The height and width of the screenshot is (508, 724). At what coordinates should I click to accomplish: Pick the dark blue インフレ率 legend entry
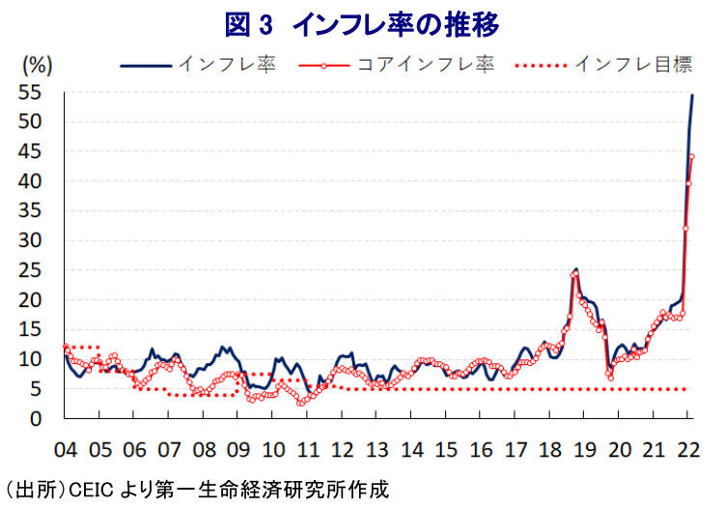199,65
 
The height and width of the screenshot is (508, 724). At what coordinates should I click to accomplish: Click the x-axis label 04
66,449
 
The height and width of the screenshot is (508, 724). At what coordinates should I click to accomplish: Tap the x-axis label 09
238,449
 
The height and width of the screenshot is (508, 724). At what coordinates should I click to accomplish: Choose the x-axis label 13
377,449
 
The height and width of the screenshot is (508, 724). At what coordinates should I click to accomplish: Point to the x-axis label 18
550,449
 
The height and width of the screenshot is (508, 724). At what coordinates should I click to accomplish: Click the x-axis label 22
688,449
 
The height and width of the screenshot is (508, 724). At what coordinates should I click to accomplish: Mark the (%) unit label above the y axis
36,65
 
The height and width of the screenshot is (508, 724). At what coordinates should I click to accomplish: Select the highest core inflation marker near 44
691,156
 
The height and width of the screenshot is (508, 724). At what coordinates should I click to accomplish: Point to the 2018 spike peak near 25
576,269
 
